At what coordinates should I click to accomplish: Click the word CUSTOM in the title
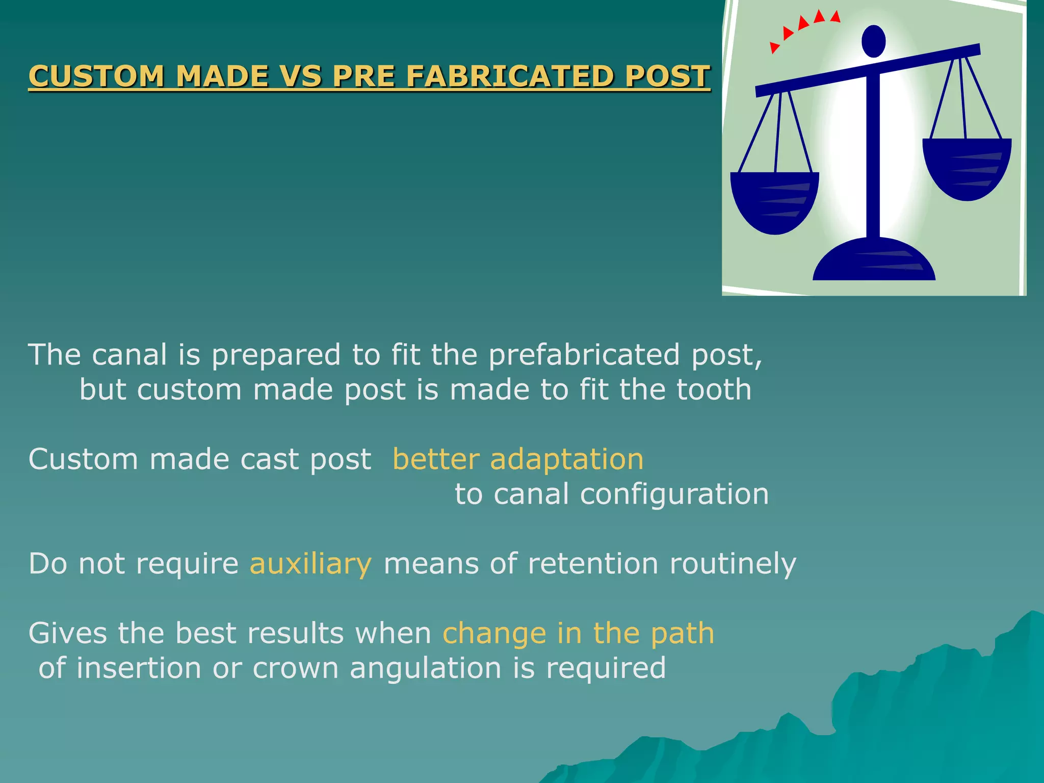pyautogui.click(x=96, y=76)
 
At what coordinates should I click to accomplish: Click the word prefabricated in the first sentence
pyautogui.click(x=584, y=355)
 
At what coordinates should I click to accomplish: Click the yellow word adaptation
pyautogui.click(x=566, y=460)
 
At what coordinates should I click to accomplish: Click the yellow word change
pyautogui.click(x=494, y=634)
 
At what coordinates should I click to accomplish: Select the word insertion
pyautogui.click(x=139, y=668)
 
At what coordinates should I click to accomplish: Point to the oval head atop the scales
pyautogui.click(x=873, y=41)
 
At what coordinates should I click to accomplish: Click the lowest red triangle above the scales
pyautogui.click(x=774, y=47)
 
